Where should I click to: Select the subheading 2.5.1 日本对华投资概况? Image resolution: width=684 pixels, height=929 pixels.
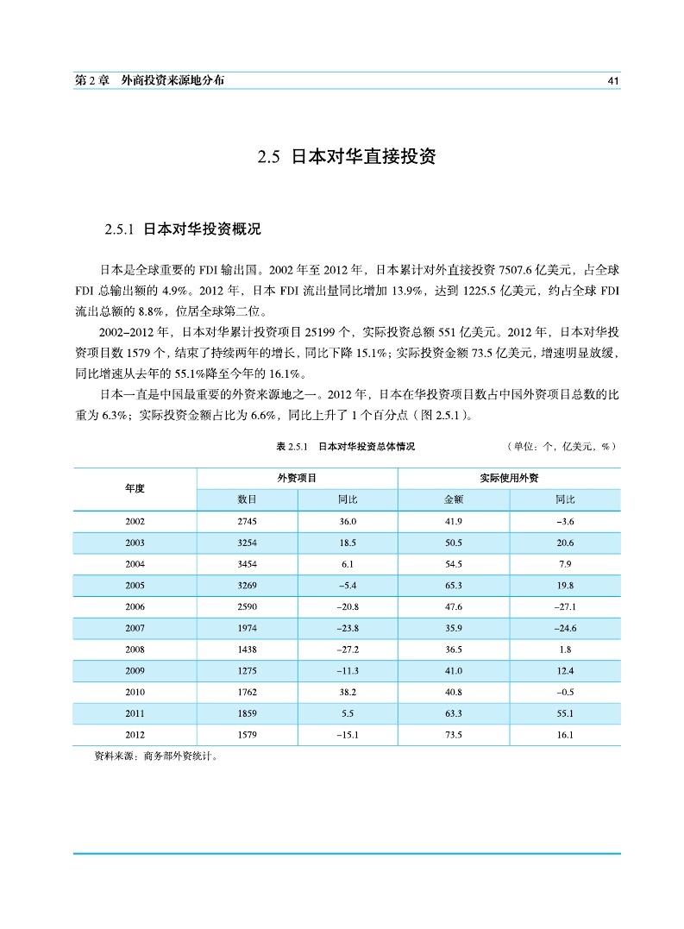pos(182,230)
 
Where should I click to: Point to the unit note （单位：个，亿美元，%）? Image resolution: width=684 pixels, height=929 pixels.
pos(562,447)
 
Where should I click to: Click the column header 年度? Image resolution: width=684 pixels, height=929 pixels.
pos(135,488)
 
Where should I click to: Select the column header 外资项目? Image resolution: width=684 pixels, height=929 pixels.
pos(297,478)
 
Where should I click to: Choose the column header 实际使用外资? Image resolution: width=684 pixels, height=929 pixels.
pos(509,478)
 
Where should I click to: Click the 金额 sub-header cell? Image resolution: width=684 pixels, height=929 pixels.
pos(454,499)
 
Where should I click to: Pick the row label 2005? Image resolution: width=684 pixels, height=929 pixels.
pos(135,585)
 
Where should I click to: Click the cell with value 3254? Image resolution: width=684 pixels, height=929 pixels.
pos(247,543)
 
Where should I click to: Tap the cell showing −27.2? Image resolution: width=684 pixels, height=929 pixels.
pos(348,650)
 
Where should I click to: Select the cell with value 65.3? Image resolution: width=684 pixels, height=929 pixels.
pos(454,585)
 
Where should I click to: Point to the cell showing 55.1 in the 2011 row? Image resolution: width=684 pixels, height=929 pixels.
pos(565,713)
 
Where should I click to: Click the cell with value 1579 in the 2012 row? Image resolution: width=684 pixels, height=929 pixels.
pos(247,735)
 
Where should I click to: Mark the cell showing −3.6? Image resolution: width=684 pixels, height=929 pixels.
pos(565,521)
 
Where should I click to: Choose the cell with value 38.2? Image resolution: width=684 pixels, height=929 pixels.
pos(348,692)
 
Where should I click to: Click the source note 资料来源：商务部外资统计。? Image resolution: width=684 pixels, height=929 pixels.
pos(155,756)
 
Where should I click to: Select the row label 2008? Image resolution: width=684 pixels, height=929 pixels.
pos(135,650)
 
